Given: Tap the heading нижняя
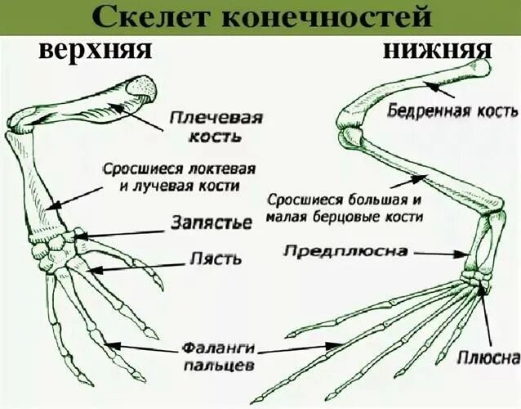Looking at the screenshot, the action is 438,51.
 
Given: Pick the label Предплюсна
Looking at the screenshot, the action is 345,251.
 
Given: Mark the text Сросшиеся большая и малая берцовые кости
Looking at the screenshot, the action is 345,209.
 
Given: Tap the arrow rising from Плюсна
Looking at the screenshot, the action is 487,315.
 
